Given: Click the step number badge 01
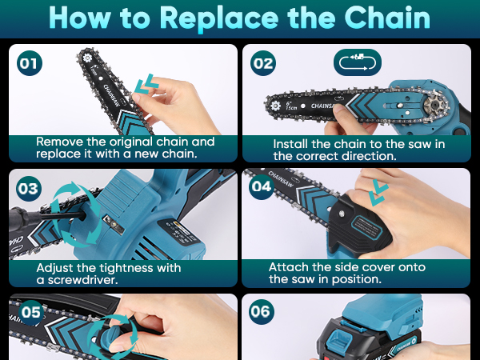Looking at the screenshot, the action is coord(30,63).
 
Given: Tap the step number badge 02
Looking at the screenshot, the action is coord(263,63).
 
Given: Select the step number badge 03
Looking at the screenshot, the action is coord(29,189).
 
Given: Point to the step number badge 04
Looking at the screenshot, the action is coord(262,186).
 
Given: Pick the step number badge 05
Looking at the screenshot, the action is coord(31,312).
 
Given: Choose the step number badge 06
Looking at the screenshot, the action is coord(261,312).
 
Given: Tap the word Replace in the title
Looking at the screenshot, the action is coord(219,19).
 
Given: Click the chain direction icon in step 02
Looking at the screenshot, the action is coord(358,62).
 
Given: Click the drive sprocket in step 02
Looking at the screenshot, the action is coord(434,106).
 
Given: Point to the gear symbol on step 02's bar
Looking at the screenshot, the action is coord(275,106).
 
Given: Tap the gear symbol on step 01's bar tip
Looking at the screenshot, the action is coord(87,58).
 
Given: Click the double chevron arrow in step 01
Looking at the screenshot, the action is coord(146,83).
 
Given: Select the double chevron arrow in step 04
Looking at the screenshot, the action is coord(378,193).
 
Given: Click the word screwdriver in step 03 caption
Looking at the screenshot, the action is coord(82,280).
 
